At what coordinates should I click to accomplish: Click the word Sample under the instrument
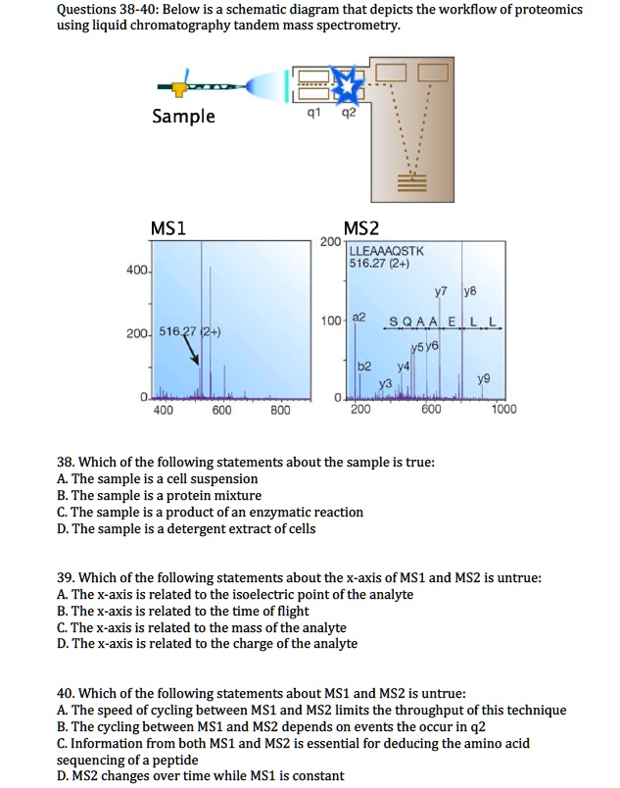[183, 117]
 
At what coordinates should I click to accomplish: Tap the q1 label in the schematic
[311, 111]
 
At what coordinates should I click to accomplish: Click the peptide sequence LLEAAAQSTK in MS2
[387, 251]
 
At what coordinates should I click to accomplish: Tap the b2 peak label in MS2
[363, 365]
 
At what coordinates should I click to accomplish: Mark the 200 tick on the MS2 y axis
[330, 241]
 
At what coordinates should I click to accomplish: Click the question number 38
[66, 463]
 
